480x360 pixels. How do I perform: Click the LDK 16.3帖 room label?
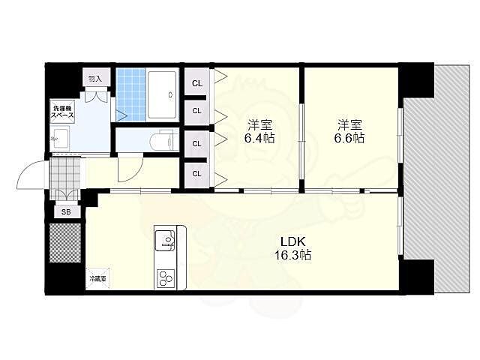pos(292,248)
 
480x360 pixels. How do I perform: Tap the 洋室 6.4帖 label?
pos(259,132)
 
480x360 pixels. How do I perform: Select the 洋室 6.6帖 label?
pos(349,132)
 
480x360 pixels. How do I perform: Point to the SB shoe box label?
pos(66,211)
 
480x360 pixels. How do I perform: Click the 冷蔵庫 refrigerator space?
pos(97,278)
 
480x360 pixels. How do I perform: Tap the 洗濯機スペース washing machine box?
pos(62,112)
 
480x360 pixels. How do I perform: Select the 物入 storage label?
pos(95,79)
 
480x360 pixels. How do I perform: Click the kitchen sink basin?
pos(164,240)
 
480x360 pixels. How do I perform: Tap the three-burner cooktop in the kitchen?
pos(166,278)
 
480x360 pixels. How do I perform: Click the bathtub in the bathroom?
pos(162,95)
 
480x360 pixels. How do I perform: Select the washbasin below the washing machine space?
pos(60,139)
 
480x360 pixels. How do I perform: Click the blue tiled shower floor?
pos(131,94)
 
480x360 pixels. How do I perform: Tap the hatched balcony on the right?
pos(436,178)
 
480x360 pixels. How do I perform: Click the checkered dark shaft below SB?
pos(65,243)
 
